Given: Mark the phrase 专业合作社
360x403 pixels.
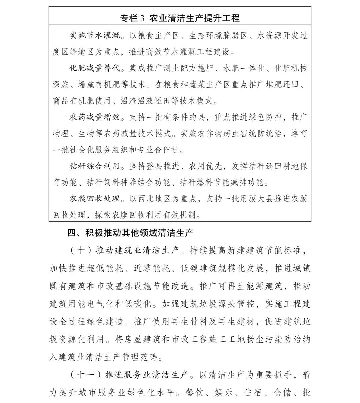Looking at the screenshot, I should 163,150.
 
